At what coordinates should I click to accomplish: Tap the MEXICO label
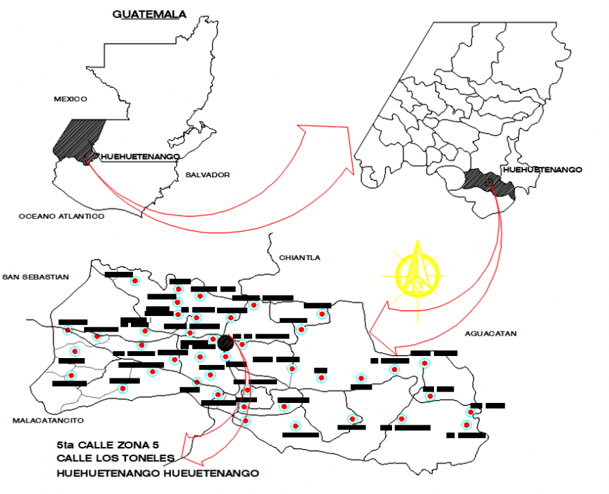tap(69, 100)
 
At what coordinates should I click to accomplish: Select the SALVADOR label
tap(207, 174)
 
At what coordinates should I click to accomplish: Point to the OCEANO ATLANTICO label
tap(62, 217)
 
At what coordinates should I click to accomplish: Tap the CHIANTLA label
tap(300, 258)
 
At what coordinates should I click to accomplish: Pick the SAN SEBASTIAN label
tap(36, 277)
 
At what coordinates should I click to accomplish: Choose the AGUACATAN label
tap(490, 334)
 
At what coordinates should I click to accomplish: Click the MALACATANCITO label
tap(48, 420)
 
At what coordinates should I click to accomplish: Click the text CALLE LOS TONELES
tap(115, 458)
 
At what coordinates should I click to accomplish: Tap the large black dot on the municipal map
tap(225, 343)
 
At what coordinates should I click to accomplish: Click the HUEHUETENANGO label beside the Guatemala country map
tap(140, 157)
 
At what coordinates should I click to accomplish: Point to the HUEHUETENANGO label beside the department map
tap(542, 170)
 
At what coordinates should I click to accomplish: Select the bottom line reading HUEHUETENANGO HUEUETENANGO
tap(158, 474)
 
